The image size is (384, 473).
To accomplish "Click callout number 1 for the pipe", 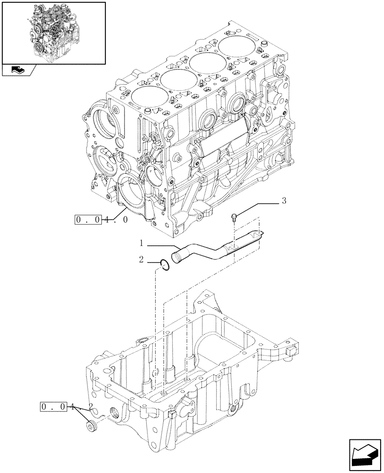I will [x=141, y=244].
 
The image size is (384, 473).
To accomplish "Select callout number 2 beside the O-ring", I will [x=141, y=260].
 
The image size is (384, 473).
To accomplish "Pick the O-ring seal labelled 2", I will [x=164, y=265].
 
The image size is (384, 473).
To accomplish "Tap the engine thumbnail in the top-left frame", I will [x=53, y=32].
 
